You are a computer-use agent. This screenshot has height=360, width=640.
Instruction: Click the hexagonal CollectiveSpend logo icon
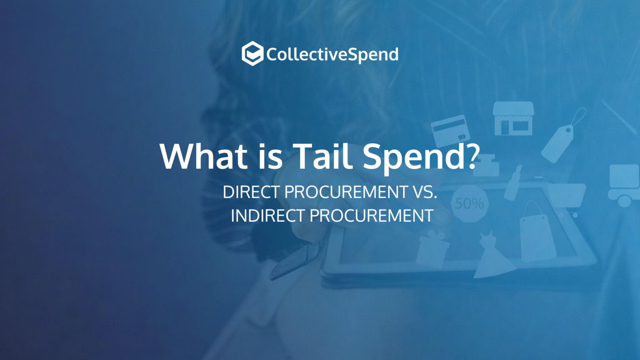[x=252, y=54]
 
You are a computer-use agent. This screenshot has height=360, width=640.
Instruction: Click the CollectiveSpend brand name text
[x=332, y=55]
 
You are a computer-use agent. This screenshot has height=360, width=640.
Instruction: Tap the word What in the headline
[x=204, y=156]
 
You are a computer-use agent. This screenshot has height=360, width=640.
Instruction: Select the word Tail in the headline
[x=322, y=156]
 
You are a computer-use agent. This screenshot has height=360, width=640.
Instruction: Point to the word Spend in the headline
[x=414, y=157]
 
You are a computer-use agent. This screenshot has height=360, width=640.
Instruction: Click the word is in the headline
[x=270, y=156]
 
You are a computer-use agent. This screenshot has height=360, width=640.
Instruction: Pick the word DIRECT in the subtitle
[x=251, y=192]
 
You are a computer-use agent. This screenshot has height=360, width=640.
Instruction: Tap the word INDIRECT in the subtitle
[x=268, y=216]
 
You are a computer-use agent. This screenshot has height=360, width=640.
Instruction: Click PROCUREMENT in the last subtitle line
[x=372, y=216]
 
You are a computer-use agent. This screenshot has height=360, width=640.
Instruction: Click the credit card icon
[x=450, y=130]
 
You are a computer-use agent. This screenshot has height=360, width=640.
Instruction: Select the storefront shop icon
[x=513, y=119]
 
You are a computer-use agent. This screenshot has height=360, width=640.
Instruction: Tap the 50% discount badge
[x=470, y=204]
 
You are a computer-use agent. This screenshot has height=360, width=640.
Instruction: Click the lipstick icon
[x=513, y=182]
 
